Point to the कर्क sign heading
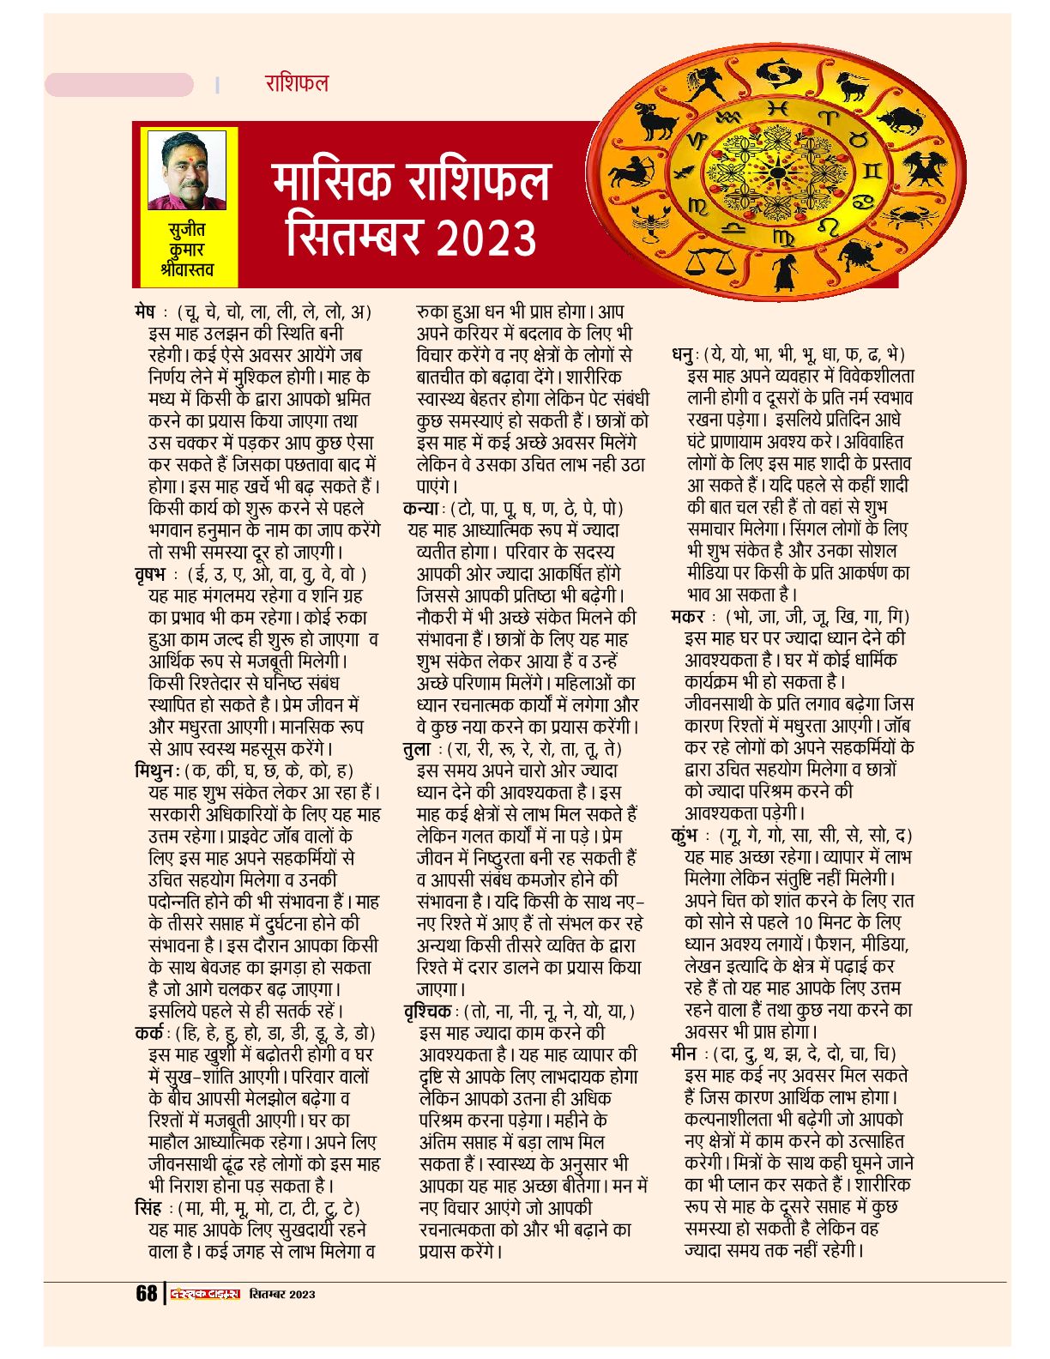point(149,1033)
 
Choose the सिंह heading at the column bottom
point(148,1208)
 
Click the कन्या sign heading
point(421,508)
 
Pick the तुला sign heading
point(417,748)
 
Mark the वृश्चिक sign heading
point(428,1012)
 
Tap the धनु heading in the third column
point(684,354)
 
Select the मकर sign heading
point(688,617)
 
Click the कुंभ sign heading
point(685,835)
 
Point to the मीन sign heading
point(684,1054)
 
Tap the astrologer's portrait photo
point(187,171)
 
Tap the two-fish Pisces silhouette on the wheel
point(777,70)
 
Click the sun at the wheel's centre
point(777,172)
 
